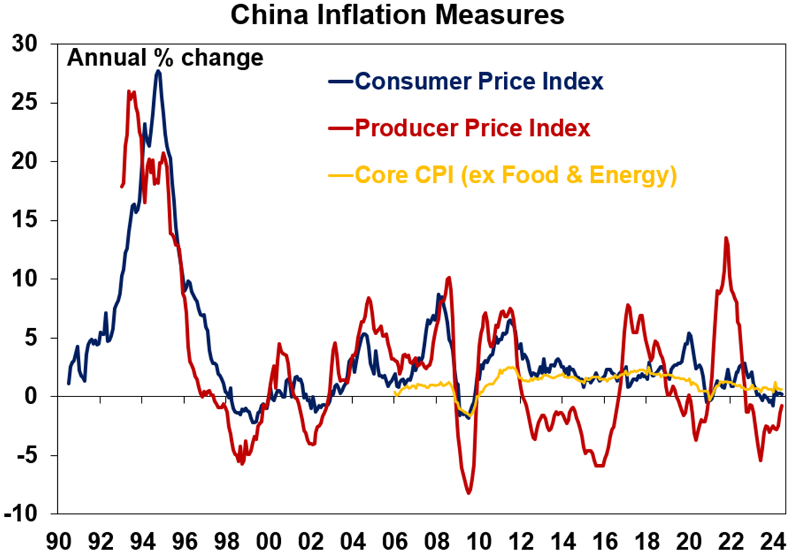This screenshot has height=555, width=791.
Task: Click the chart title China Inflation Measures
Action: [397, 15]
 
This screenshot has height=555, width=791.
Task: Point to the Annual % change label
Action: [165, 58]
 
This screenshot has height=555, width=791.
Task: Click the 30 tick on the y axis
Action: [24, 44]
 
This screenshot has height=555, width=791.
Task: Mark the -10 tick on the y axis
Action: [20, 514]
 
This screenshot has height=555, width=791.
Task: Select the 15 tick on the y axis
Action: [24, 220]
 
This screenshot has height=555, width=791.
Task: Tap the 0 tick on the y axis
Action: [31, 397]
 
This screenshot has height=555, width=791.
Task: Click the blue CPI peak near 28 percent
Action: [158, 71]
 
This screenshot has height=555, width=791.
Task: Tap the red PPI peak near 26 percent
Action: [130, 91]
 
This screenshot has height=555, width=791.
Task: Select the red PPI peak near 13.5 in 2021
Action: [726, 237]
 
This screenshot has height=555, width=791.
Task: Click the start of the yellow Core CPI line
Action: [395, 395]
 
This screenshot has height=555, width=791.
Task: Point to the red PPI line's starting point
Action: [122, 187]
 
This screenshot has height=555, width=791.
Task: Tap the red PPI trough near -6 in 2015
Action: [600, 466]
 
